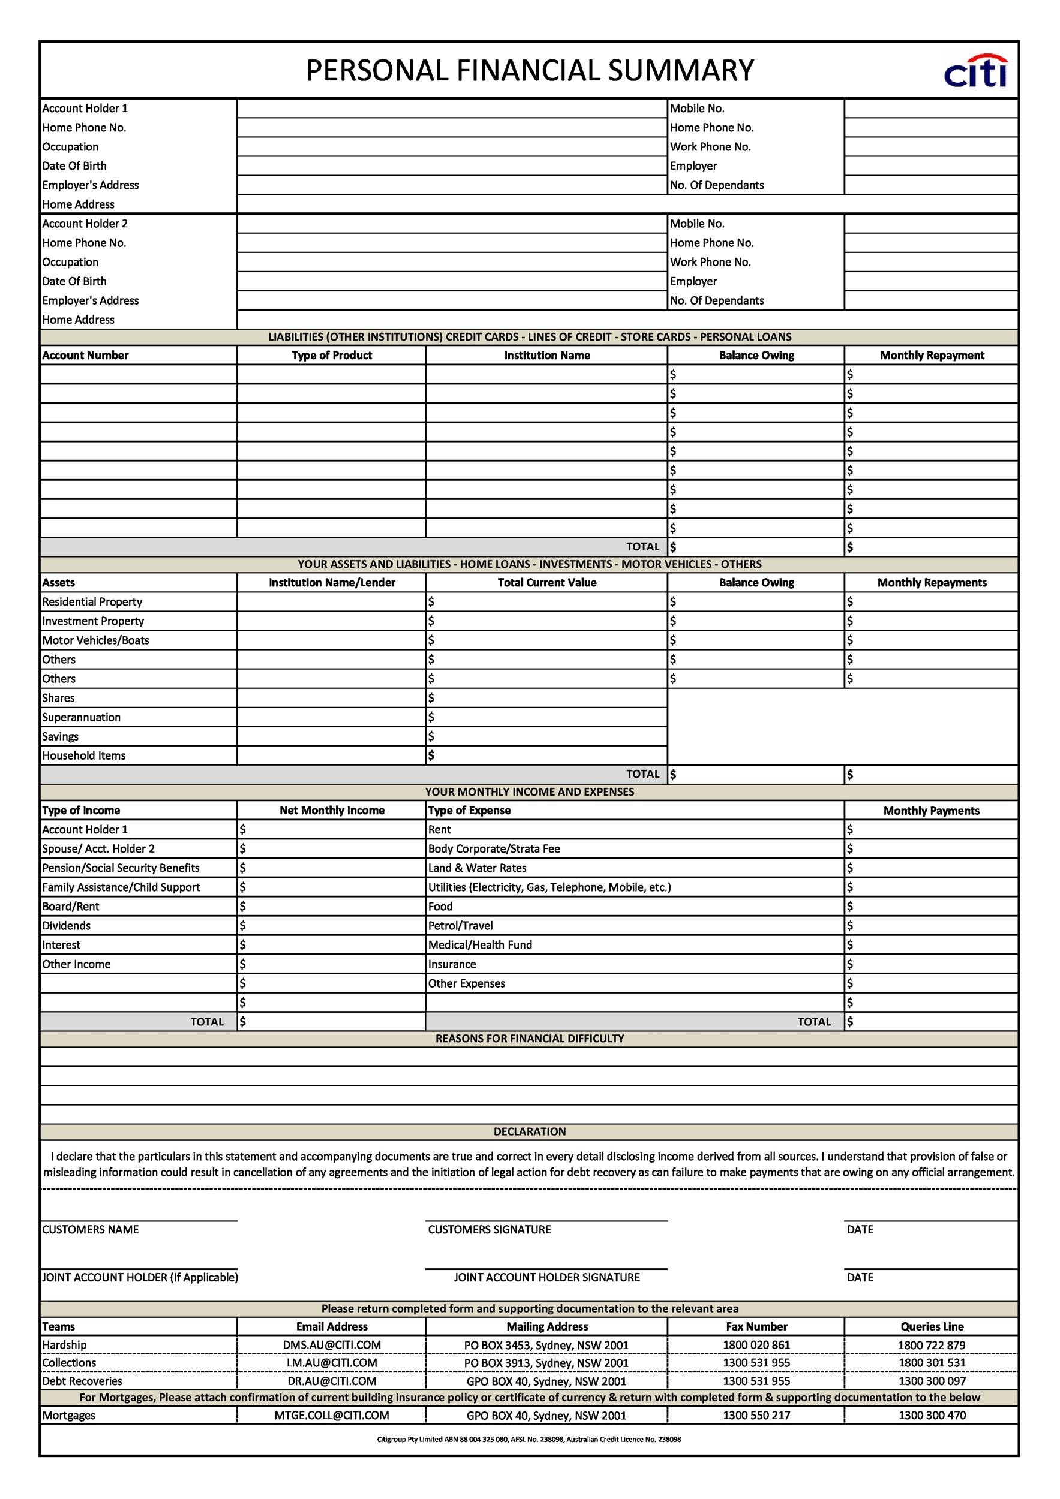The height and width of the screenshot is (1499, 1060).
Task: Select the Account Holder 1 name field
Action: point(451,109)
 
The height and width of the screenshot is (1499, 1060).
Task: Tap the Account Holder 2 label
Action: point(85,223)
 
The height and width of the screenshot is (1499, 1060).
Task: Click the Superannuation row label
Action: point(81,717)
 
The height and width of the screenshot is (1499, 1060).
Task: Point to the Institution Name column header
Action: point(546,355)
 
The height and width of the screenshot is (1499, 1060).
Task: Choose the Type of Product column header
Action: point(331,355)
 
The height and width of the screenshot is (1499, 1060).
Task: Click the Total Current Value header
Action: point(546,582)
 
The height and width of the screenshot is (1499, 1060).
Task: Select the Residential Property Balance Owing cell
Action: point(756,601)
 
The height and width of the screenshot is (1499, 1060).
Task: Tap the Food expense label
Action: point(440,906)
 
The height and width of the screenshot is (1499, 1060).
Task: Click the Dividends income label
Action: point(67,925)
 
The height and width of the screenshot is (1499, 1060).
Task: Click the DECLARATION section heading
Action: point(530,1131)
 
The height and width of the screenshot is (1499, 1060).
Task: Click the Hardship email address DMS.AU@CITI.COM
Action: point(331,1345)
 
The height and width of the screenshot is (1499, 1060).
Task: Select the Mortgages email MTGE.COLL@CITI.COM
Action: point(331,1416)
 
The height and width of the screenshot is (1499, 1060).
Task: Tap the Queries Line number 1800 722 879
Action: point(932,1345)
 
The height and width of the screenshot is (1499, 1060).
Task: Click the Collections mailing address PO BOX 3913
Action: point(546,1363)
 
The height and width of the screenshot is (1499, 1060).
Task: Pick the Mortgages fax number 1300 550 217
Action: point(756,1416)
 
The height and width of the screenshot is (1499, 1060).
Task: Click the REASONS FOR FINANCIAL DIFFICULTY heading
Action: point(530,1038)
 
